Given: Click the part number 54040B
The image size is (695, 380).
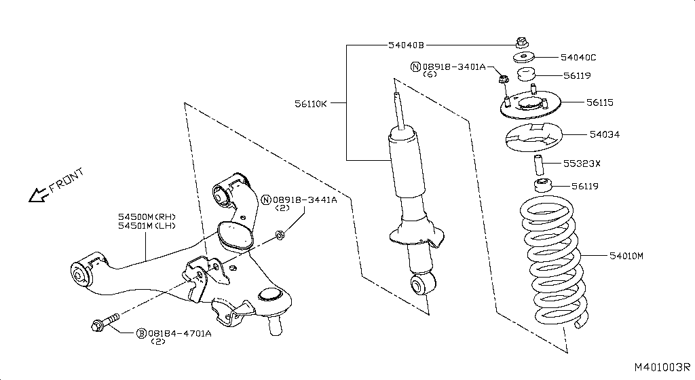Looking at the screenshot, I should [406, 45].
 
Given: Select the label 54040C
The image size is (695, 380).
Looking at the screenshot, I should [578, 58].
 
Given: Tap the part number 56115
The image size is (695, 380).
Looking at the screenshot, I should [600, 103].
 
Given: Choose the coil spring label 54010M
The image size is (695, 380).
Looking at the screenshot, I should [625, 256].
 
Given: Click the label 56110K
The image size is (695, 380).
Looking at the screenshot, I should [311, 104].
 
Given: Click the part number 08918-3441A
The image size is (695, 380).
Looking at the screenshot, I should [305, 199].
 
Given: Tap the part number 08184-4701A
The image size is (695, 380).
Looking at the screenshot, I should [179, 333].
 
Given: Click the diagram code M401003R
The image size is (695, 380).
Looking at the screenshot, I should [661, 366].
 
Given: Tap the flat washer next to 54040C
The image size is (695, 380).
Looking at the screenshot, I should [522, 57].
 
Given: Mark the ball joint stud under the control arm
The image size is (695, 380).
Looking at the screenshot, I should [276, 326].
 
